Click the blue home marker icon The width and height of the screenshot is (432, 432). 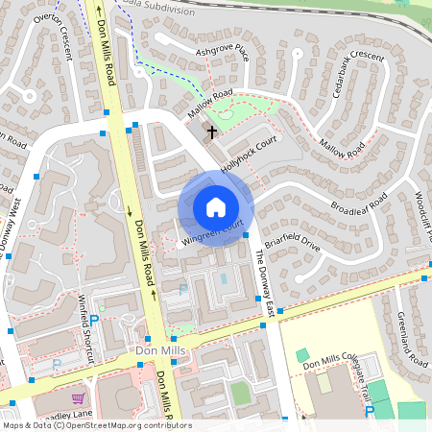click(x=216, y=207)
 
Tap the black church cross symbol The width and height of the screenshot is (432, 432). click(x=211, y=132)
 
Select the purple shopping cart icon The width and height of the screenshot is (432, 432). click(x=77, y=396)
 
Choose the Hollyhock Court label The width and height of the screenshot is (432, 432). click(x=249, y=153)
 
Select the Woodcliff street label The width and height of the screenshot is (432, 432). click(x=421, y=215)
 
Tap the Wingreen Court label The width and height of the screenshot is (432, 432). click(x=212, y=235)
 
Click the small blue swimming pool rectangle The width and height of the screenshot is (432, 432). click(x=224, y=278)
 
